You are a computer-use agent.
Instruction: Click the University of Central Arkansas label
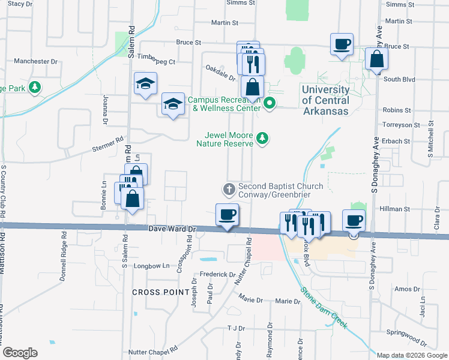[325, 101]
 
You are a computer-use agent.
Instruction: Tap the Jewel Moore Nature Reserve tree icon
[262, 139]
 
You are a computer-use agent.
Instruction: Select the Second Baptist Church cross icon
[229, 190]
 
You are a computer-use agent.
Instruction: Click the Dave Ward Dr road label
[172, 229]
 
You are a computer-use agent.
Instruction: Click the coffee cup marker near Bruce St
[342, 44]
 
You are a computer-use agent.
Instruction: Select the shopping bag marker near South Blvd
[376, 59]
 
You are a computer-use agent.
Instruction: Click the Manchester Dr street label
[35, 61]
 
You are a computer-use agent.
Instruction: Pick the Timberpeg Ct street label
[156, 61]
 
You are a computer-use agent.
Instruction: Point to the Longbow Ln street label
[146, 265]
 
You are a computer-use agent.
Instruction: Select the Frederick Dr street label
[217, 274]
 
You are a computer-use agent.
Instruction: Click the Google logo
[20, 353]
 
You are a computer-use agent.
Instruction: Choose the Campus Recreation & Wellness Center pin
[270, 104]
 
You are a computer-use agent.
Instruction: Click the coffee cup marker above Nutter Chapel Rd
[226, 214]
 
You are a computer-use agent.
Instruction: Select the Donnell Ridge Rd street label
[64, 257]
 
